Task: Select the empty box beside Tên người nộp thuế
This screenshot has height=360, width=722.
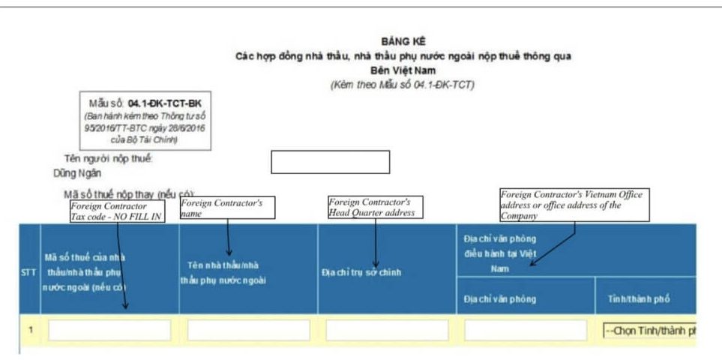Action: (330, 162)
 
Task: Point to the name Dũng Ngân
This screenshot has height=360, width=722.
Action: (82, 172)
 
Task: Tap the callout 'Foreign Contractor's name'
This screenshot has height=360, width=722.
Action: (227, 208)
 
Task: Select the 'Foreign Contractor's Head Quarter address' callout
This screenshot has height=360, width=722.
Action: (375, 207)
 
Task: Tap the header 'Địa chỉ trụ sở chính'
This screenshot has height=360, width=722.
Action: (361, 272)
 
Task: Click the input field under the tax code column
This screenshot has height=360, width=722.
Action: (109, 331)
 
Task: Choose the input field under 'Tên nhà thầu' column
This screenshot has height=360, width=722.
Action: (247, 331)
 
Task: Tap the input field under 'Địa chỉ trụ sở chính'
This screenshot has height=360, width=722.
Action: (386, 331)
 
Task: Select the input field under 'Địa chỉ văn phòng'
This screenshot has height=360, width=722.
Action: (525, 331)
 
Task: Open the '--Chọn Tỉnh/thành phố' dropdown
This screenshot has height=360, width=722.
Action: (649, 331)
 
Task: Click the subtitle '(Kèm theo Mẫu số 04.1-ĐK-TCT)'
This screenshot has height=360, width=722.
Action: (402, 85)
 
